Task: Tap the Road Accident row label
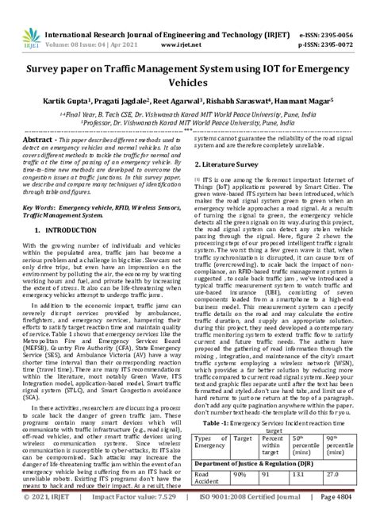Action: (x=208, y=499)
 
